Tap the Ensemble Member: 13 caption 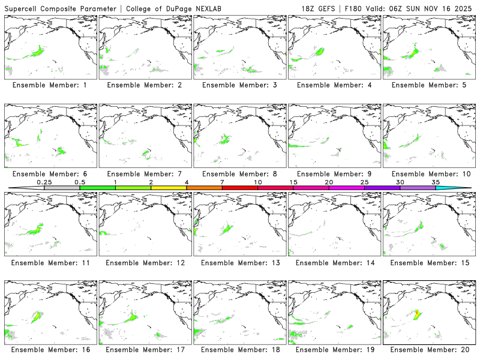click(x=239, y=263)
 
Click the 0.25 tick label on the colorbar click(x=44, y=182)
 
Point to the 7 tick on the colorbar click(x=222, y=182)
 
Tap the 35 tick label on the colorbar click(x=436, y=182)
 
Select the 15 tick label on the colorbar click(x=293, y=182)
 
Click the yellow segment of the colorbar click(x=169, y=188)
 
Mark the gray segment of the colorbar click(x=62, y=188)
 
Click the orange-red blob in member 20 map click(x=416, y=313)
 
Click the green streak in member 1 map click(x=36, y=52)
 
